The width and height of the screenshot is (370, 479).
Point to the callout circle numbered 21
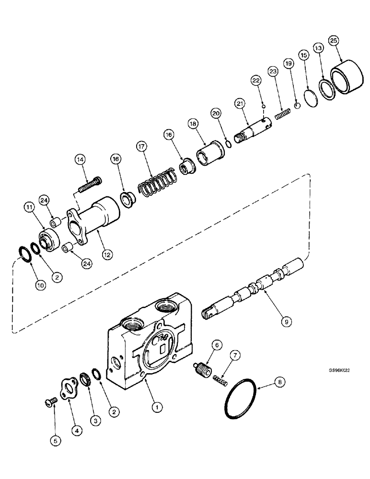[240, 103]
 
